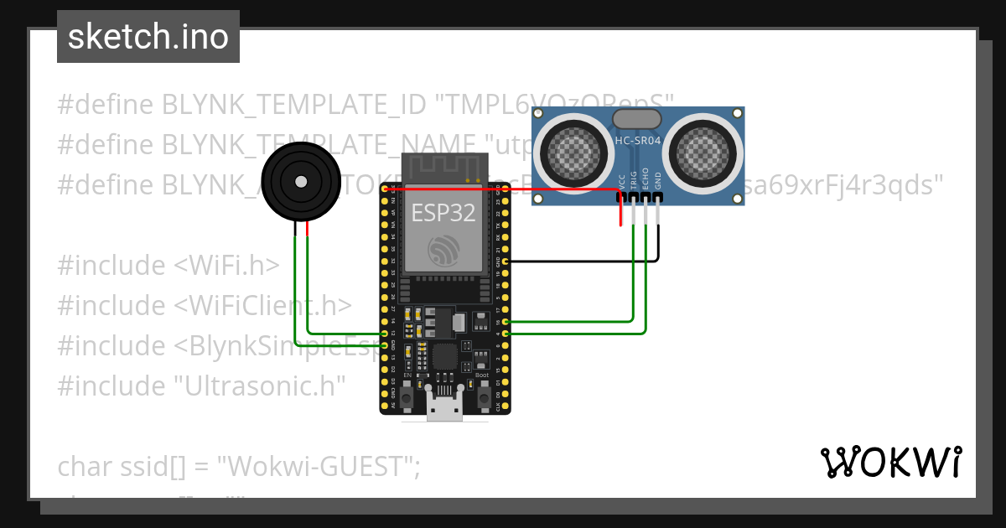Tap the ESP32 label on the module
443,213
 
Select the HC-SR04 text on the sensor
638,142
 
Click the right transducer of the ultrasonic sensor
707,153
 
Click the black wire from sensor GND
587,261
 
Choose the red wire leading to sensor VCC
503,189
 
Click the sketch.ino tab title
148,37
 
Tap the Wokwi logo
890,462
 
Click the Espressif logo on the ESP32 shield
443,249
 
